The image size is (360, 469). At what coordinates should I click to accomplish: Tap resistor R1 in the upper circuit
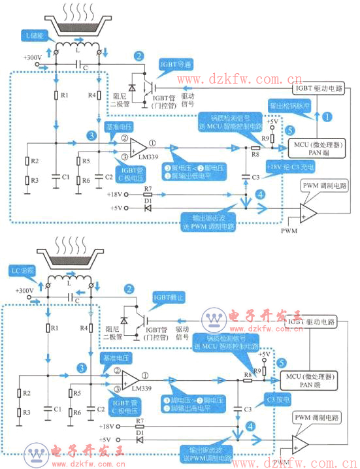[56, 96]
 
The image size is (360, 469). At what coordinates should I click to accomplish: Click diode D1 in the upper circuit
[148, 208]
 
